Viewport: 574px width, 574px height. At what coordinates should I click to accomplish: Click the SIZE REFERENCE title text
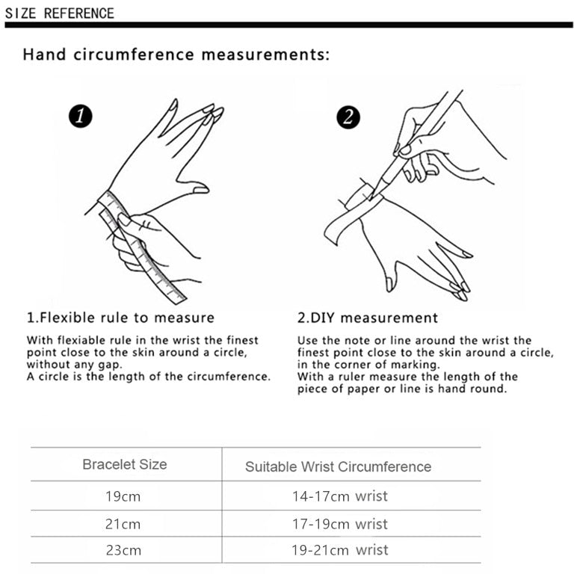pyautogui.click(x=60, y=13)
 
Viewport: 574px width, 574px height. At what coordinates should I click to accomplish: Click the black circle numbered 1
pyautogui.click(x=79, y=116)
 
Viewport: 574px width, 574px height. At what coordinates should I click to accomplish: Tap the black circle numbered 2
pyautogui.click(x=348, y=117)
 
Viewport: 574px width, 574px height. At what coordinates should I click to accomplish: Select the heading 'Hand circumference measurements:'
pyautogui.click(x=176, y=55)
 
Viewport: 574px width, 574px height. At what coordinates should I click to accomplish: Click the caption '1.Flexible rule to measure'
pyautogui.click(x=120, y=318)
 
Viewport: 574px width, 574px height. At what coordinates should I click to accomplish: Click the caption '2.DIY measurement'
pyautogui.click(x=368, y=318)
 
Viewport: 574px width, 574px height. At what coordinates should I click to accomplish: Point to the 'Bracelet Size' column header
pyautogui.click(x=125, y=464)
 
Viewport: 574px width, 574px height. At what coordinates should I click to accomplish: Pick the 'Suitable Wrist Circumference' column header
pyautogui.click(x=338, y=466)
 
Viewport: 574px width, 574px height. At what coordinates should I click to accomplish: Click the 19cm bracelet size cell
pyautogui.click(x=123, y=496)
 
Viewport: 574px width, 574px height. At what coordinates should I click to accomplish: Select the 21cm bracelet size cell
pyautogui.click(x=123, y=524)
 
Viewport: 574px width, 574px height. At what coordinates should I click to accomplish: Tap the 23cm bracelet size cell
pyautogui.click(x=123, y=551)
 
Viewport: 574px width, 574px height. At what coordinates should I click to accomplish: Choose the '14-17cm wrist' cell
pyautogui.click(x=339, y=496)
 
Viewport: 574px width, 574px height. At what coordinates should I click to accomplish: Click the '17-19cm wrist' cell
pyautogui.click(x=339, y=524)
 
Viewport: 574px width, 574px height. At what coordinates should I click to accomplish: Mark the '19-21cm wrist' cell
pyautogui.click(x=339, y=551)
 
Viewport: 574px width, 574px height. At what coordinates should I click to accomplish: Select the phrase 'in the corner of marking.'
pyautogui.click(x=368, y=365)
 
